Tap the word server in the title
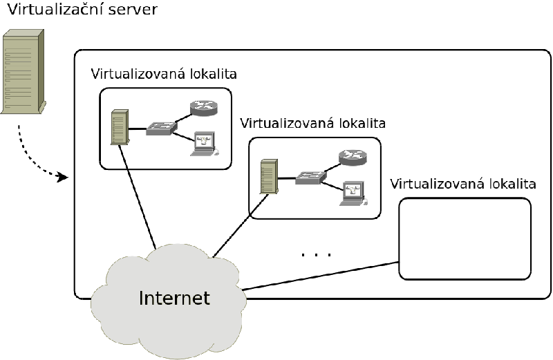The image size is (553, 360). click(133, 10)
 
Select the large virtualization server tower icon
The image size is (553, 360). click(24, 72)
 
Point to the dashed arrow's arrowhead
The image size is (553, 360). click(63, 177)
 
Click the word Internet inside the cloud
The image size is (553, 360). click(174, 298)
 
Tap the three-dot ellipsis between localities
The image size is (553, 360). click(317, 254)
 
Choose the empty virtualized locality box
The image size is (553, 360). click(465, 238)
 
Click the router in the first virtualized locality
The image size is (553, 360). click(204, 108)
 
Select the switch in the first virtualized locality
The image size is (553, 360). click(161, 129)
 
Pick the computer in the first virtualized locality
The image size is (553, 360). click(205, 144)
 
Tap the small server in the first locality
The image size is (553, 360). click(120, 127)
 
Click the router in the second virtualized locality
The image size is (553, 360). click(353, 158)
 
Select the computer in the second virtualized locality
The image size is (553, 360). click(353, 193)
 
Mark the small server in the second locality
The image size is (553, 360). click(269, 176)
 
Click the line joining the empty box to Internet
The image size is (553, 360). click(320, 276)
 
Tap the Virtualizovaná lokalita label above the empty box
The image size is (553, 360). click(462, 184)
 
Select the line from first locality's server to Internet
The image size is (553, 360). click(137, 196)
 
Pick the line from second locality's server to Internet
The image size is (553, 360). click(241, 225)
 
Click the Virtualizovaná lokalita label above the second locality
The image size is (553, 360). click(313, 124)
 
